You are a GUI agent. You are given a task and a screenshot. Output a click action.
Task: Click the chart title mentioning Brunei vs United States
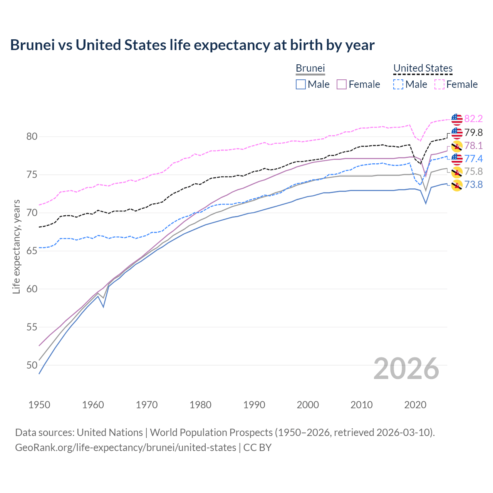click(192, 45)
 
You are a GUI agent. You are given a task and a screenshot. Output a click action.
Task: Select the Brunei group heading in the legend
click(310, 68)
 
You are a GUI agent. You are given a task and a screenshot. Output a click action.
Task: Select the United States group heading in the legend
click(423, 68)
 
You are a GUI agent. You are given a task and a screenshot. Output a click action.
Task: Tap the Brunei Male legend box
click(301, 84)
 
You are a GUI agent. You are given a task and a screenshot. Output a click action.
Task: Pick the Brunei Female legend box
click(342, 84)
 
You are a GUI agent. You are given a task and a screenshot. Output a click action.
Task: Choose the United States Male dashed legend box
click(398, 84)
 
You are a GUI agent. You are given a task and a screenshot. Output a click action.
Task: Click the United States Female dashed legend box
click(439, 84)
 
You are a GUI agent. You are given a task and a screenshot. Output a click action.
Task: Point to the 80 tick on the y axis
click(32, 137)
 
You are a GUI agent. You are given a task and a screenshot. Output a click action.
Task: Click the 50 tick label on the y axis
click(32, 365)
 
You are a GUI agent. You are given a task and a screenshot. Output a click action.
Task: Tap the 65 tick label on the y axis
click(32, 251)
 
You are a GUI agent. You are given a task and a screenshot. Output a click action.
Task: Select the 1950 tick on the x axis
click(39, 405)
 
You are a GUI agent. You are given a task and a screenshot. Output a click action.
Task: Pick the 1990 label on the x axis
click(254, 405)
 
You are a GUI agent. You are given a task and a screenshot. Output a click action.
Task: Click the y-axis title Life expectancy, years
click(16, 246)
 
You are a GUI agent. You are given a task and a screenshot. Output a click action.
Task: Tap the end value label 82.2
click(473, 119)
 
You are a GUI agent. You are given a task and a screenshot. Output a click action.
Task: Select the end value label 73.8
click(473, 185)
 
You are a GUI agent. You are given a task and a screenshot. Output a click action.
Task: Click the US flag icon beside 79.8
click(457, 133)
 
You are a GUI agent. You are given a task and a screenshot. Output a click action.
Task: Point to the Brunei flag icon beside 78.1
click(457, 146)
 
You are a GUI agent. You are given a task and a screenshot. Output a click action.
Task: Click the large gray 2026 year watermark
click(406, 369)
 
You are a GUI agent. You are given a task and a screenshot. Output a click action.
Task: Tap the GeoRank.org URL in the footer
click(126, 448)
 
